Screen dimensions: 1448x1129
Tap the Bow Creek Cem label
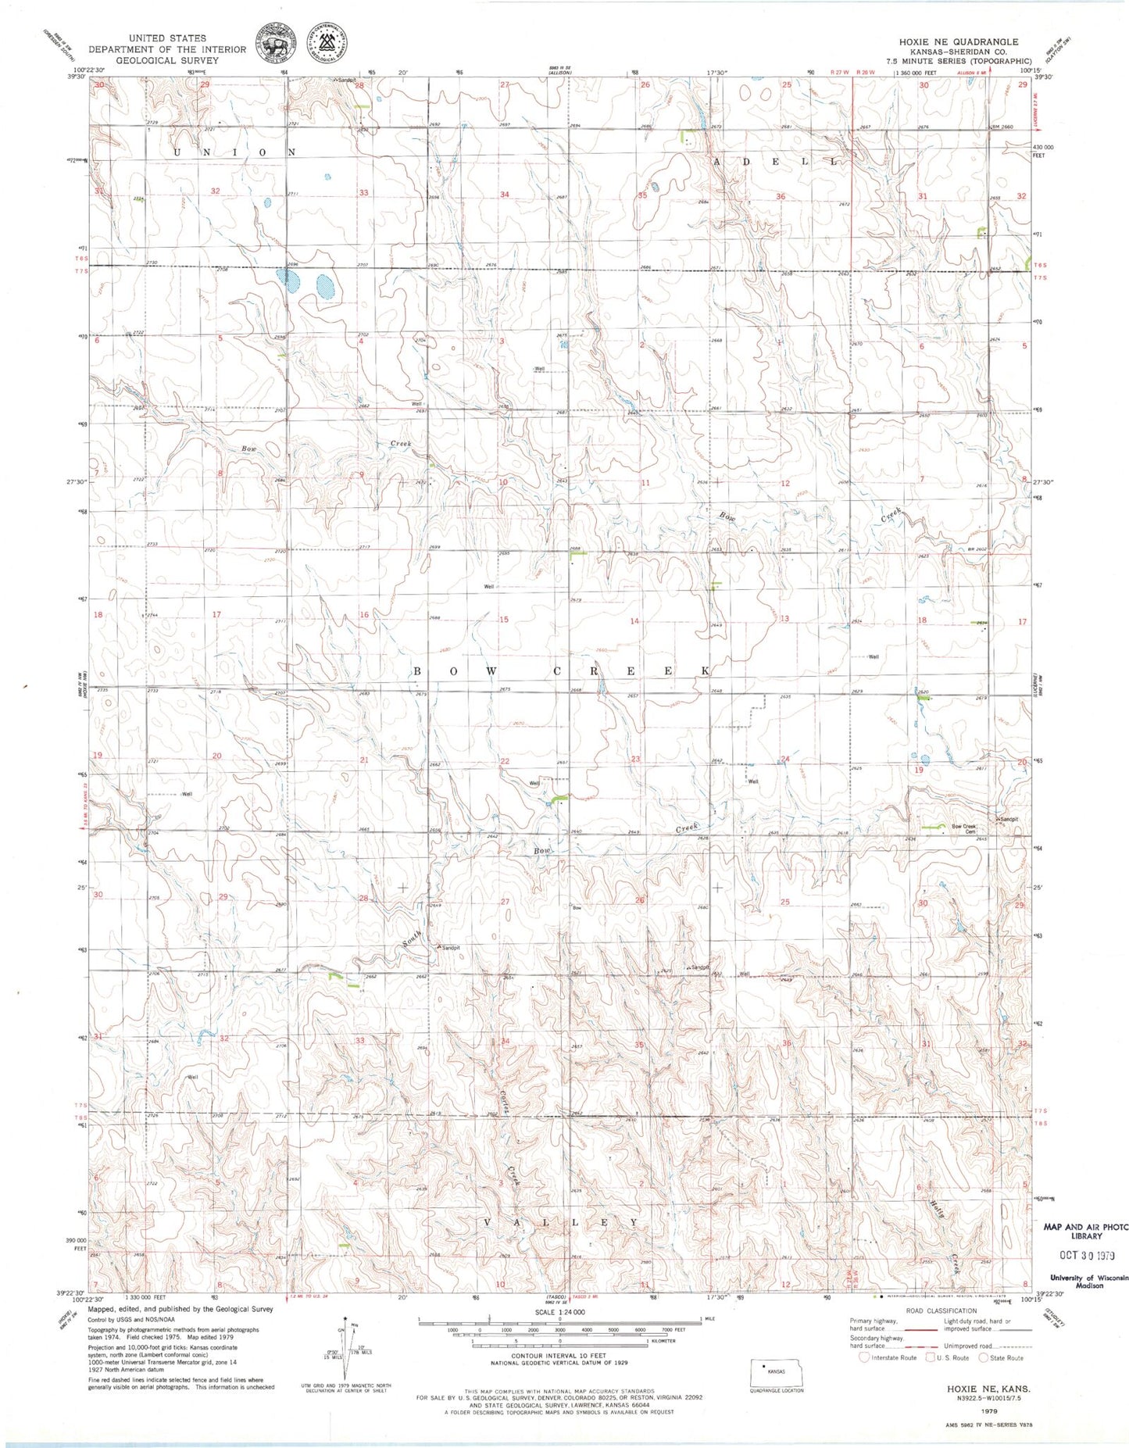pos(963,828)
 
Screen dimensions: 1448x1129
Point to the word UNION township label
pos(232,152)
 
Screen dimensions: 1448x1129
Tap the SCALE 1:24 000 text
pos(559,1312)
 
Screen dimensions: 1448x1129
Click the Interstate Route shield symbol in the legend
pos(864,1357)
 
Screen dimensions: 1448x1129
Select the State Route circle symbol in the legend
pos(984,1357)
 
